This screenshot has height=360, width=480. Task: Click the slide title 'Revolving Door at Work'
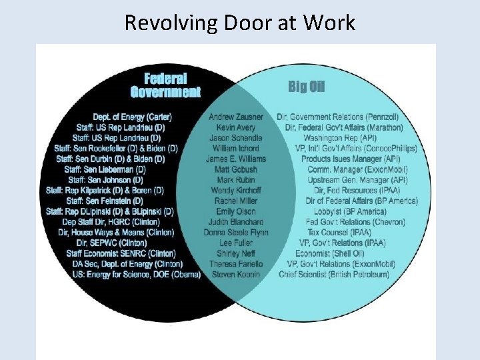click(240, 23)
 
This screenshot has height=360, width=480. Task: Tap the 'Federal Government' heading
click(165, 85)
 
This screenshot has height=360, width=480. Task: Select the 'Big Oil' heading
click(307, 87)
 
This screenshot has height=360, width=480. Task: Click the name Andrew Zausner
click(235, 117)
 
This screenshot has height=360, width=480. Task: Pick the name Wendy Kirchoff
click(235, 190)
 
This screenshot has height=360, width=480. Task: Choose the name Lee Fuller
click(235, 243)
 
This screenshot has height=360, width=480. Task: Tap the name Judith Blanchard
click(235, 222)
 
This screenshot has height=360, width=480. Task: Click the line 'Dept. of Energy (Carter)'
click(131, 117)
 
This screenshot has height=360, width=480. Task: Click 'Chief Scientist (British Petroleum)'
click(334, 274)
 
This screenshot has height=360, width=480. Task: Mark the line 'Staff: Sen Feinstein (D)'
click(105, 201)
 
